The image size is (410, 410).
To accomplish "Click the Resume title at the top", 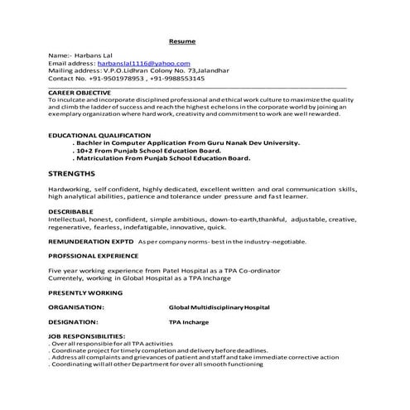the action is tap(183, 40).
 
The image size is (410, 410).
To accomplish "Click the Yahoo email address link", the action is tap(143, 63).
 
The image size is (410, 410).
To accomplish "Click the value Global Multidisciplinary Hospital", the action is tap(219, 307).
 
